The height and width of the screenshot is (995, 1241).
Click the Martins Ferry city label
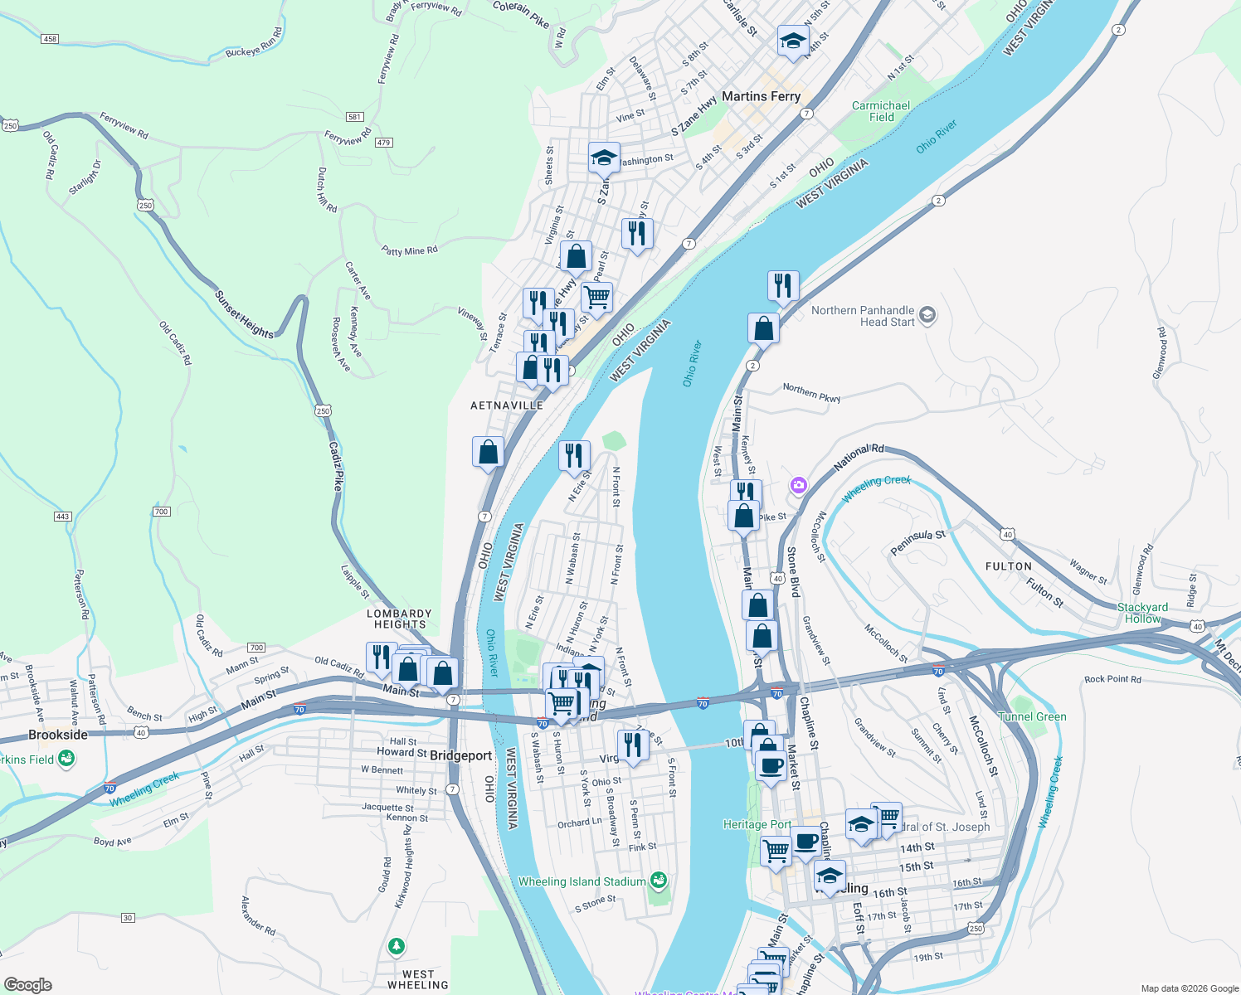point(761,96)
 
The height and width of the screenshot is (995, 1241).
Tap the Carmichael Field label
point(881,111)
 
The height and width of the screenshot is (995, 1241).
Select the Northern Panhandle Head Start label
point(863,316)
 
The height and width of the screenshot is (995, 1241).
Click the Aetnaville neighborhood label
point(507,405)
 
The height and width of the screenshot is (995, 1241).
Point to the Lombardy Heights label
point(400,619)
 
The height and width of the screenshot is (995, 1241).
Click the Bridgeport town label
point(461,755)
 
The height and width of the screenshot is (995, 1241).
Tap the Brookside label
point(58,735)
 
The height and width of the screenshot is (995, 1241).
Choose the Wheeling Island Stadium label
point(582,881)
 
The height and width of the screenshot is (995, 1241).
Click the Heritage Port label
point(757,824)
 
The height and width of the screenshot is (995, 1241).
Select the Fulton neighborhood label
point(1009,566)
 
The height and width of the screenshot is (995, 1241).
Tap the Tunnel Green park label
point(1033,716)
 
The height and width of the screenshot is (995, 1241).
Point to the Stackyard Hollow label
point(1142,613)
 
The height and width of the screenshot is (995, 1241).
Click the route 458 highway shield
point(50,39)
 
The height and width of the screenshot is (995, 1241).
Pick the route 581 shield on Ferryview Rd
point(355,117)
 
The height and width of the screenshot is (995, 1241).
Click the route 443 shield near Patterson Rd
point(62,517)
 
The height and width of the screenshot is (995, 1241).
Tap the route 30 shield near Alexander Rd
point(128,918)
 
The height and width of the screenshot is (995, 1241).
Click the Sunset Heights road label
point(244,314)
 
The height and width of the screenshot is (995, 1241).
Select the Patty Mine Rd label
point(409,250)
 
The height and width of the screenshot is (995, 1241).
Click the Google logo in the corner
point(28,985)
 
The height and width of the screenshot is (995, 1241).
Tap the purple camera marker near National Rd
point(798,485)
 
